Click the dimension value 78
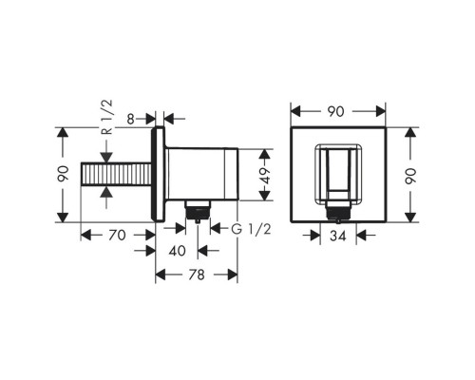(197, 275)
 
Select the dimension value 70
(117, 236)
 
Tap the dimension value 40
(177, 251)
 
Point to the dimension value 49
(266, 176)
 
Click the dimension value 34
(338, 236)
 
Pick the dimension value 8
(130, 120)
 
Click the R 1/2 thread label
(108, 117)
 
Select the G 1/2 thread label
(251, 229)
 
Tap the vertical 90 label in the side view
(63, 174)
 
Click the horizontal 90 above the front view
(335, 111)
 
